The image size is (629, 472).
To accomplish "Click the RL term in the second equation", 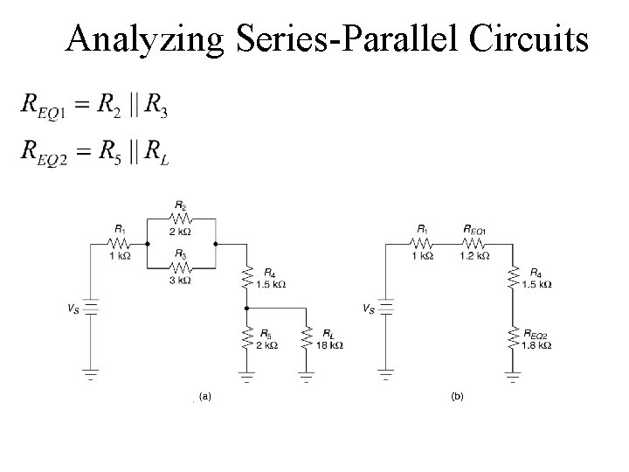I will pyautogui.click(x=157, y=156).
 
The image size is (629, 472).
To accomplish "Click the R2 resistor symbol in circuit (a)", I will pyautogui.click(x=181, y=218).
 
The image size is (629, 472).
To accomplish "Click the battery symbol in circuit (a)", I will pyautogui.click(x=91, y=310).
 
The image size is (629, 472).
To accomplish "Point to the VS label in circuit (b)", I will pyautogui.click(x=369, y=309).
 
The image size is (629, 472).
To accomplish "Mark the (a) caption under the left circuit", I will pyautogui.click(x=205, y=396).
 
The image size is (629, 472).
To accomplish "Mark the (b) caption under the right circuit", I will pyautogui.click(x=458, y=396).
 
